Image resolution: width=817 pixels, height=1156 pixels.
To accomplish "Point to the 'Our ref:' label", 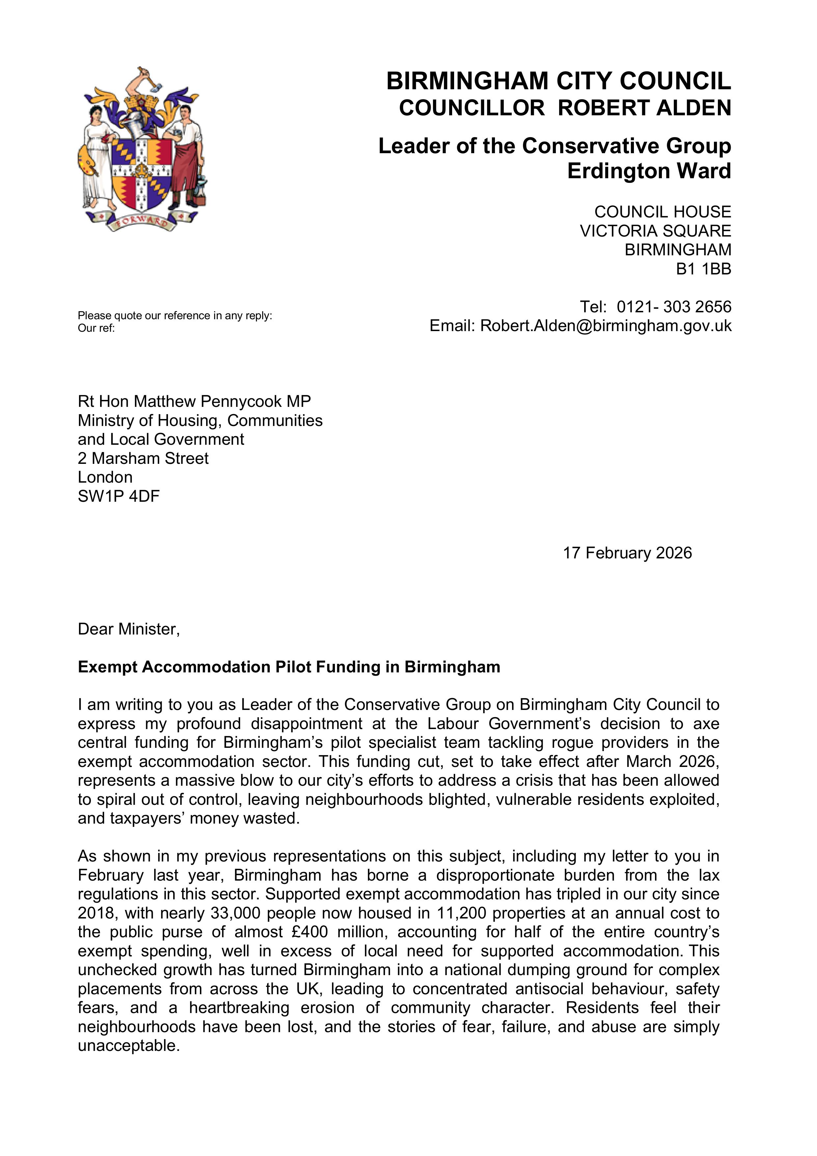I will click(96, 328).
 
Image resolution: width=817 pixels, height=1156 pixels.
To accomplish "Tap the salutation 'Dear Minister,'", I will click(128, 629).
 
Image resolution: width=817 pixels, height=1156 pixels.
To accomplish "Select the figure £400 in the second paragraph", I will click(309, 932).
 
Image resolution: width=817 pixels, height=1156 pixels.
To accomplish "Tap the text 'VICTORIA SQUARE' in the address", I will click(655, 231).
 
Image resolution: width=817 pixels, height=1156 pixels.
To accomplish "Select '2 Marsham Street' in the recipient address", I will click(143, 458).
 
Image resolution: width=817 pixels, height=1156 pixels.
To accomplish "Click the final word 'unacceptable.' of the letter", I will click(128, 1046).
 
